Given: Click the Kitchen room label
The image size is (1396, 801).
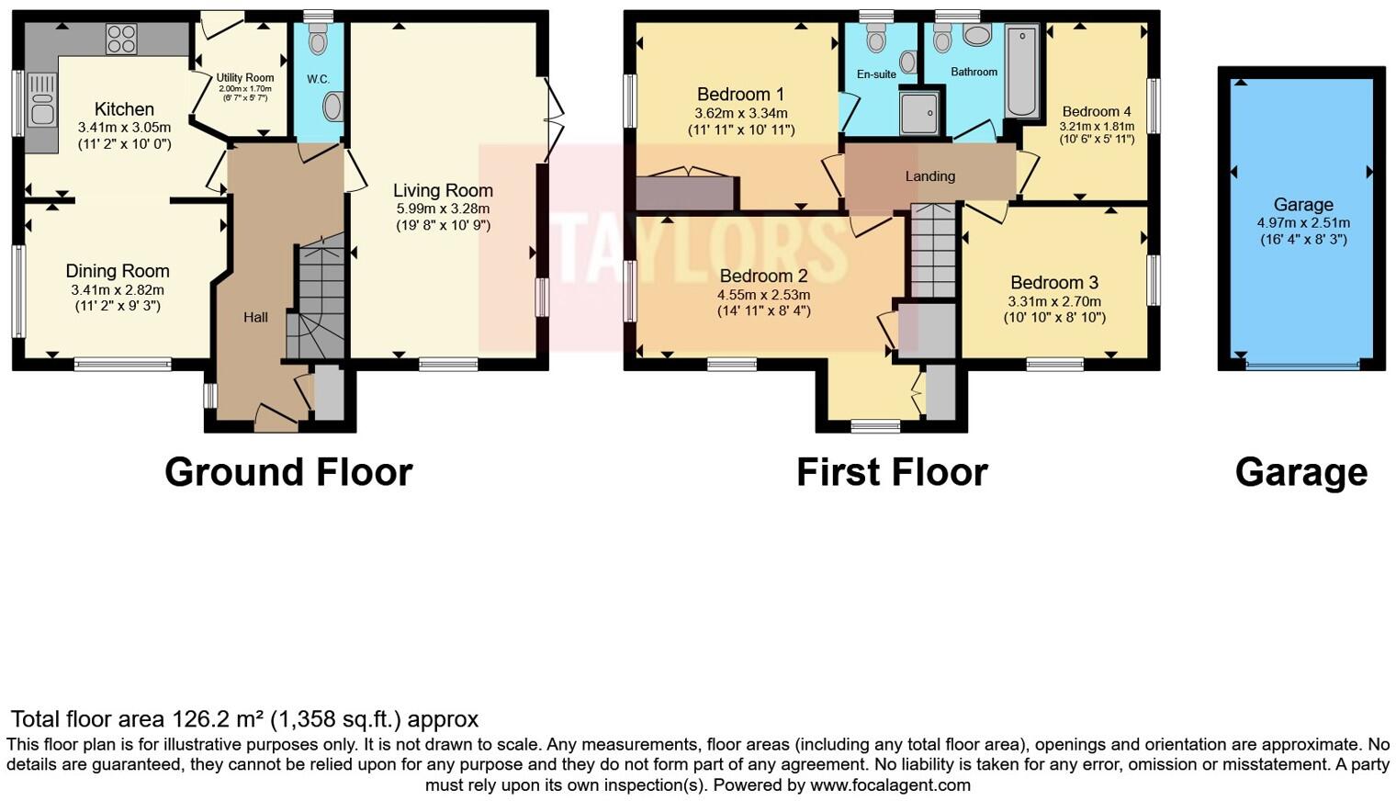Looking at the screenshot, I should [124, 109].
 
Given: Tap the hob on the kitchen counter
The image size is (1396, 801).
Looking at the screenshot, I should [121, 39].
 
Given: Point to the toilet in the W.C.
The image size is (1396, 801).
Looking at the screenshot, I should [318, 40].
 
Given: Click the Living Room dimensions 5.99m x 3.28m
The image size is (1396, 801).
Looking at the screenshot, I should [443, 209].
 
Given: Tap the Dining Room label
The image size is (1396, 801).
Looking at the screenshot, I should [118, 271].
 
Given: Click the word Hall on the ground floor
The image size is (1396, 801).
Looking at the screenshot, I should [255, 317].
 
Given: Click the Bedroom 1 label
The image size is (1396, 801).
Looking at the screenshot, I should [740, 95].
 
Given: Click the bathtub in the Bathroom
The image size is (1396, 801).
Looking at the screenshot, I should [1021, 72].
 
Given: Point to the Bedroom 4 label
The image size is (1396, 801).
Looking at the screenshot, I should [1096, 111].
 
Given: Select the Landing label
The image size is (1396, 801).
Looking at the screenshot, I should [929, 176].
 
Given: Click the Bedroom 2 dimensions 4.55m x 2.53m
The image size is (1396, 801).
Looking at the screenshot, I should [763, 295].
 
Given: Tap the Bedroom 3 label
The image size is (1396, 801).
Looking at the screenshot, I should [1053, 283].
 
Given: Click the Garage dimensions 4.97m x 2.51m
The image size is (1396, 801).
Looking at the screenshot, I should [1302, 223].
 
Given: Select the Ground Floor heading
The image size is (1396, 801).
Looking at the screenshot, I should [288, 472].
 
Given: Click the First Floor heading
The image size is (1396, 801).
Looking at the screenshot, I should [891, 472].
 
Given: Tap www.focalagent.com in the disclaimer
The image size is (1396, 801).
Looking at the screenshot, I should [890, 785].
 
